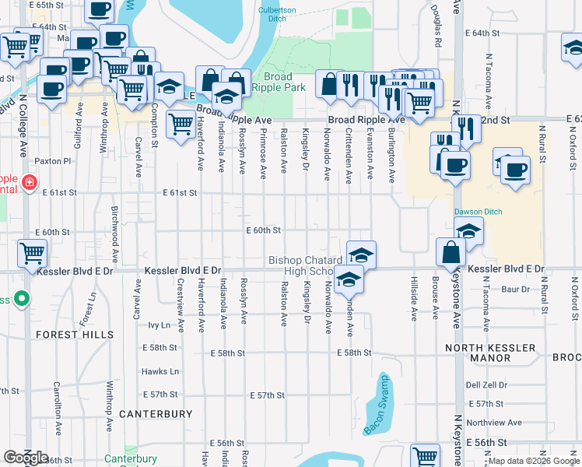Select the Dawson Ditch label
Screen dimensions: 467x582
pos(479,212)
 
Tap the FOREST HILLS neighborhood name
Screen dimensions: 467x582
pos(75,335)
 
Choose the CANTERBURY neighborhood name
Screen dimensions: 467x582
pos(155,414)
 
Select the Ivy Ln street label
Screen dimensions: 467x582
pos(159,325)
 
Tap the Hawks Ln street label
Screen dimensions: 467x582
pos(160,372)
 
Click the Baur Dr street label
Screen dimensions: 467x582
pos(515,290)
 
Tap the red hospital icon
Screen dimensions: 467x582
pos(29,183)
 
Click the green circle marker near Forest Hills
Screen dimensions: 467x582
pos(23,297)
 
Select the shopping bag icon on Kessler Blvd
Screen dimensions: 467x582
pos(451,252)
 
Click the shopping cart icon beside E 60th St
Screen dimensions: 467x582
pos(32,253)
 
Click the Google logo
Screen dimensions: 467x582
pos(26,458)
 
